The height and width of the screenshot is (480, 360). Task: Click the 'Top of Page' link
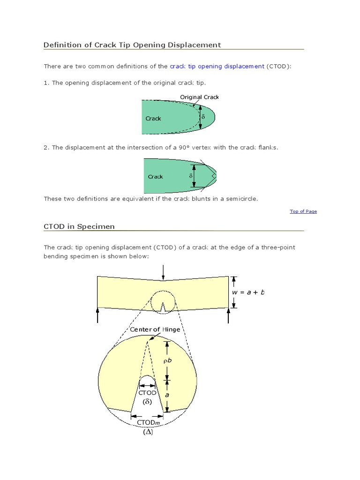coord(303,211)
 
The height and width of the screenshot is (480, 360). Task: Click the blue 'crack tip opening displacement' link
coord(217,67)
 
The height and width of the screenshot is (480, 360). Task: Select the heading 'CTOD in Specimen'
coord(79,226)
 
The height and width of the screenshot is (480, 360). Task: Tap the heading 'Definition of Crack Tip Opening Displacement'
coord(132,45)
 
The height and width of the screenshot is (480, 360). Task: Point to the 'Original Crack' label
coord(200,97)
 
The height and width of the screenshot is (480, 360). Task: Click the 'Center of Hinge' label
coord(155,330)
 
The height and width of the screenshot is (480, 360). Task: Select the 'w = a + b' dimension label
coord(248,292)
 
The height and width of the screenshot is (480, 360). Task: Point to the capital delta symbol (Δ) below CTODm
coord(149,432)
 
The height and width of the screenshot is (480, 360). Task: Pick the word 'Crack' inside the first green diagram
coord(153,119)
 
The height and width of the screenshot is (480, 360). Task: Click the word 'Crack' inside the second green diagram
coord(155,177)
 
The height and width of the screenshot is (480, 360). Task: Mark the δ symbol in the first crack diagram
coord(203,116)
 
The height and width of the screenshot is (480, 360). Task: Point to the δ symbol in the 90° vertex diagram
coord(191,175)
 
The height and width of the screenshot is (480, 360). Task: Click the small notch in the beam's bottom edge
coord(163,308)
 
